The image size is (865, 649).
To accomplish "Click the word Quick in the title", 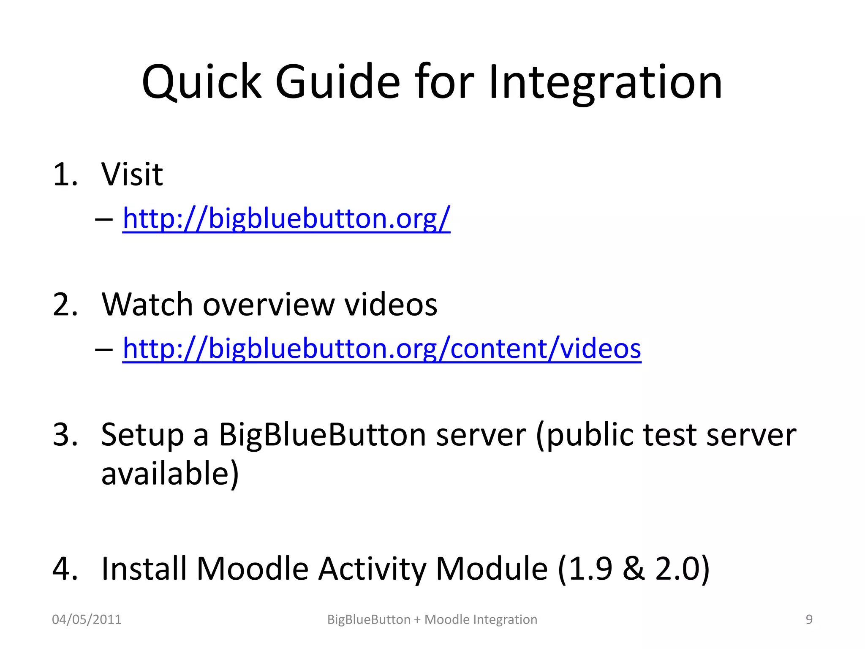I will (x=201, y=82).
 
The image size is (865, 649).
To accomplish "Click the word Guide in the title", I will (x=337, y=82).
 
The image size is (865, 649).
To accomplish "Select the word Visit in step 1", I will (x=132, y=174).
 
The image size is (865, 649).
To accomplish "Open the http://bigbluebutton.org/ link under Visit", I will (x=286, y=219).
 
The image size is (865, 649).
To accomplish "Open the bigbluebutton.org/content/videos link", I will (x=382, y=349).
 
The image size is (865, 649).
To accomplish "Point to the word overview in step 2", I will (x=269, y=305).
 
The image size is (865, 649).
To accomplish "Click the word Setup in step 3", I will (x=142, y=435).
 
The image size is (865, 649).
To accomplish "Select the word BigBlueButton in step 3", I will (x=322, y=435).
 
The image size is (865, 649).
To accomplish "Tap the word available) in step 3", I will (x=170, y=474).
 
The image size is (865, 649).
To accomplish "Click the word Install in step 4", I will (x=144, y=569).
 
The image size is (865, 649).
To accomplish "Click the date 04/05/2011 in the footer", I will (x=87, y=619).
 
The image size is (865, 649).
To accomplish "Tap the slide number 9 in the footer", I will (x=809, y=619).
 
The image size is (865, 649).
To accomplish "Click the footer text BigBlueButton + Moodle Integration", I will (x=432, y=619).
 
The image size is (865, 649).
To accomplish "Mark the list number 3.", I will (x=65, y=435).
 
